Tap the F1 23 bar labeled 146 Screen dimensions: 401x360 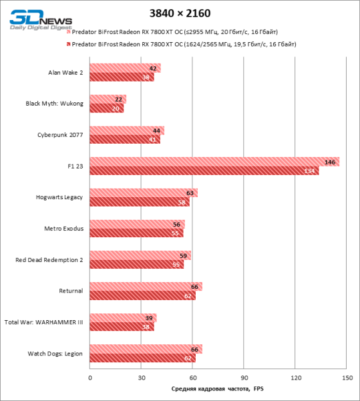214,162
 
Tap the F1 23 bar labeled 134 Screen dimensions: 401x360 204,170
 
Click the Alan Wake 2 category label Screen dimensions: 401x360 65,72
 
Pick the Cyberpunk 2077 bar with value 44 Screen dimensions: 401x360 126,130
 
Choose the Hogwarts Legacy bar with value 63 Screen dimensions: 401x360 143,193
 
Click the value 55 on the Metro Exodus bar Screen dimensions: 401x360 176,233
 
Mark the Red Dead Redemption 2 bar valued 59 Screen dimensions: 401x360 140,255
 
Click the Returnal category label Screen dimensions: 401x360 71,291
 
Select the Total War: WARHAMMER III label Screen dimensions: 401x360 43,322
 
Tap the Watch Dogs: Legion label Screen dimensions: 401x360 55,354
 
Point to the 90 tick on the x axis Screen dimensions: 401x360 244,378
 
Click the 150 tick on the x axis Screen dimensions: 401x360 347,378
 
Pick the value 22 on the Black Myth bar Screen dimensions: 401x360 118,100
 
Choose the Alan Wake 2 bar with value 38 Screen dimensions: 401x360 122,77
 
